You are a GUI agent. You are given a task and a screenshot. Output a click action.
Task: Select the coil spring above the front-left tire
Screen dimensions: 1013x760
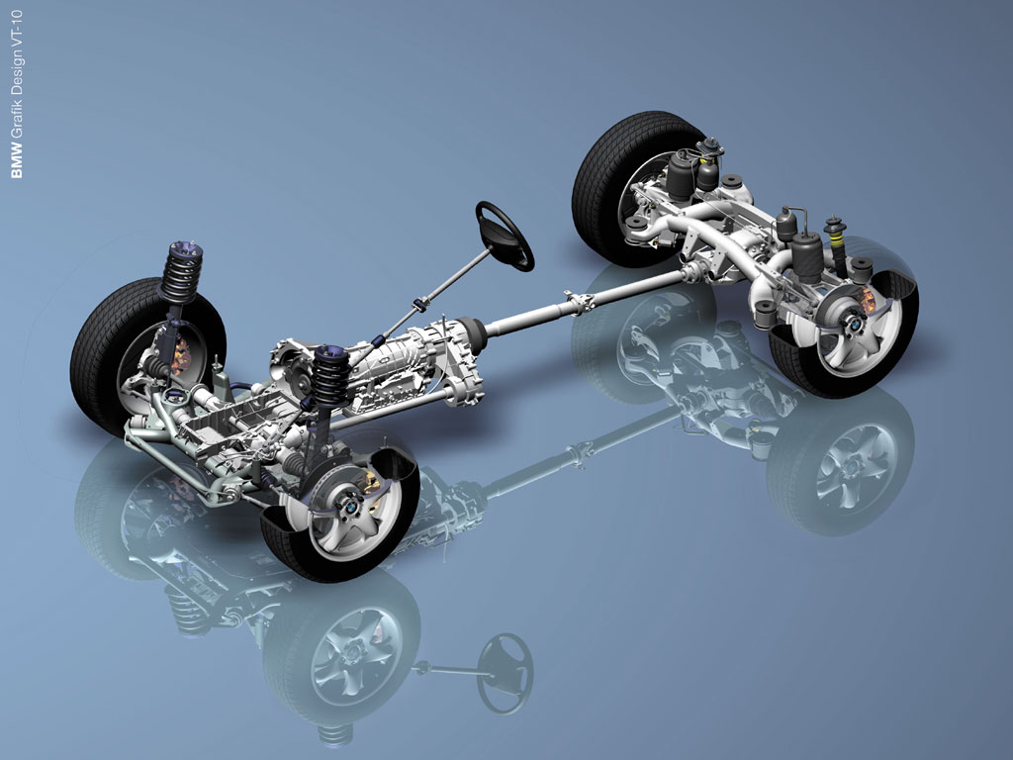click(182, 273)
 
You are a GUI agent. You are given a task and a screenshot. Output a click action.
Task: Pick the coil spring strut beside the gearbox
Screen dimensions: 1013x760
click(331, 376)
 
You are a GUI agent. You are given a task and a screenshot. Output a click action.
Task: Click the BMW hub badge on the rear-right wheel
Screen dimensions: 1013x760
click(854, 322)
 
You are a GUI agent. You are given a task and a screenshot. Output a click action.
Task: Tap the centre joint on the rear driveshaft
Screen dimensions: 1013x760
click(579, 303)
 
